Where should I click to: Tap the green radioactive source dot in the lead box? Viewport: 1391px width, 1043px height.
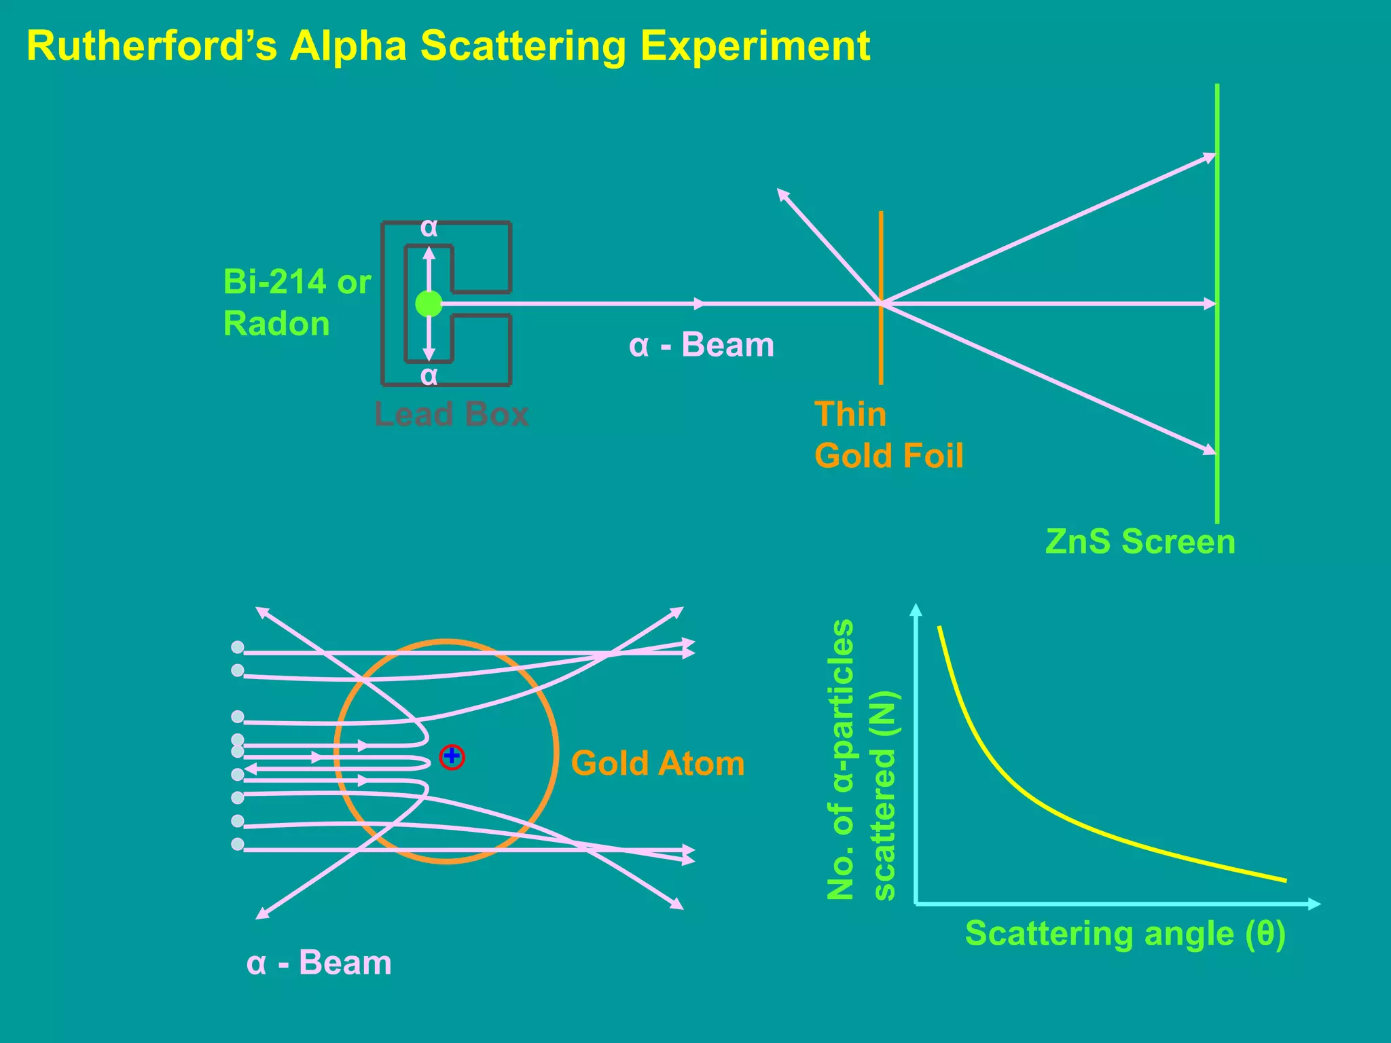(429, 304)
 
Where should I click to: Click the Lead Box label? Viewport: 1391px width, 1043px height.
(451, 414)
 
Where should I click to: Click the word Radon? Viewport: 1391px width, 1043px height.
(276, 323)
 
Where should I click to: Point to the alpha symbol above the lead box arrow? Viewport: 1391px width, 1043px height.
(429, 227)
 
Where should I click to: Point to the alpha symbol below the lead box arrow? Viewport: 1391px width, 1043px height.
(429, 376)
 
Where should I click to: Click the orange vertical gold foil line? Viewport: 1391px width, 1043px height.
(881, 258)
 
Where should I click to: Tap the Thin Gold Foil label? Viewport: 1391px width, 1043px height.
(888, 435)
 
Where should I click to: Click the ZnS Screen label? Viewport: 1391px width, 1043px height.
(1140, 542)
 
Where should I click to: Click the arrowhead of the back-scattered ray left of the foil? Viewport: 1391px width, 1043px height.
(782, 194)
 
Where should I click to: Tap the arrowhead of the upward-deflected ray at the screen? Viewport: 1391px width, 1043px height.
(1210, 158)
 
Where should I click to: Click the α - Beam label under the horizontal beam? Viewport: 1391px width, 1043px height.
(701, 345)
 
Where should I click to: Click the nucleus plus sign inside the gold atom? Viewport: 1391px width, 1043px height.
(452, 756)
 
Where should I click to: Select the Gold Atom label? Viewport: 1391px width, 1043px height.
(657, 763)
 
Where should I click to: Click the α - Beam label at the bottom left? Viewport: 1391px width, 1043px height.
(319, 963)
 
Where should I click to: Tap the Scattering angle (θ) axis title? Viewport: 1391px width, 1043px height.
(1125, 934)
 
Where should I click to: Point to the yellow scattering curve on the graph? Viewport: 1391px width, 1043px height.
(1019, 788)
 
